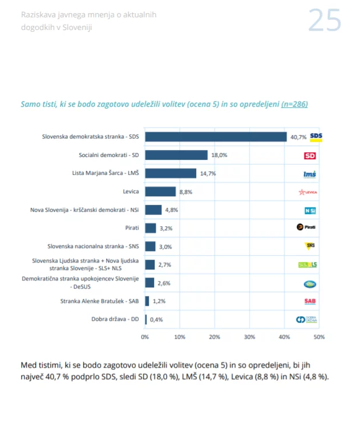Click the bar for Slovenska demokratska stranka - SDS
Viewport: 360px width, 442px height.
pyautogui.click(x=216, y=137)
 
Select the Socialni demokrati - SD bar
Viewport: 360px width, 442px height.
pyautogui.click(x=176, y=155)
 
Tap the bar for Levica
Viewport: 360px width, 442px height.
pyautogui.click(x=160, y=192)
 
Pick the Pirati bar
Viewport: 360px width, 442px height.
pyautogui.click(x=151, y=228)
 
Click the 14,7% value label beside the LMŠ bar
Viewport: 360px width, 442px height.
pyautogui.click(x=208, y=174)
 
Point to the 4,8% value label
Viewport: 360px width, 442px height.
pyautogui.click(x=171, y=210)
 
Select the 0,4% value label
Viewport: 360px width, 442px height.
pyautogui.click(x=156, y=320)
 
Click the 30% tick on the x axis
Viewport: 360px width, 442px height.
pyautogui.click(x=249, y=337)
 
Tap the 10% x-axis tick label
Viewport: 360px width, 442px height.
pyautogui.click(x=180, y=337)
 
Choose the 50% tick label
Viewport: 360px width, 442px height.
pyautogui.click(x=319, y=337)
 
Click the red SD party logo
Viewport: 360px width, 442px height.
pyautogui.click(x=310, y=156)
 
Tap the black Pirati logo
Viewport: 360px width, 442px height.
pyautogui.click(x=306, y=227)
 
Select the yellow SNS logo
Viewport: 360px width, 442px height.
pyautogui.click(x=310, y=246)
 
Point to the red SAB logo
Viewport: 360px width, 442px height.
pyautogui.click(x=310, y=301)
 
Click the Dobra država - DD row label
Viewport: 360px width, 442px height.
pyautogui.click(x=115, y=319)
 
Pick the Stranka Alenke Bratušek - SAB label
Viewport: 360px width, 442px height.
pyautogui.click(x=99, y=301)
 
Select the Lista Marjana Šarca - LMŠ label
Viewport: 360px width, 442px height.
pyautogui.click(x=106, y=173)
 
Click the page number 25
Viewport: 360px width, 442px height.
pyautogui.click(x=325, y=20)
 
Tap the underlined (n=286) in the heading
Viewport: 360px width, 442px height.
pyautogui.click(x=294, y=104)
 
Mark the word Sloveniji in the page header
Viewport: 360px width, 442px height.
pyautogui.click(x=77, y=27)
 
